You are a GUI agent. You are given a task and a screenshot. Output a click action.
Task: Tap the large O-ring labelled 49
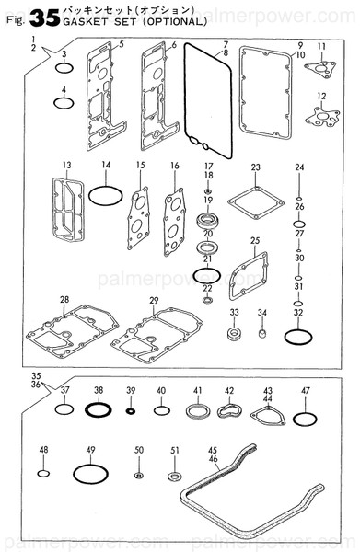(x=89, y=475)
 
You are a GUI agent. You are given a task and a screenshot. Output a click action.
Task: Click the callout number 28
(x=64, y=300)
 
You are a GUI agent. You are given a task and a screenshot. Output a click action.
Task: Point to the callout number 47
(x=306, y=390)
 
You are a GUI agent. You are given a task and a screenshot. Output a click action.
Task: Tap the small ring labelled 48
(x=42, y=475)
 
